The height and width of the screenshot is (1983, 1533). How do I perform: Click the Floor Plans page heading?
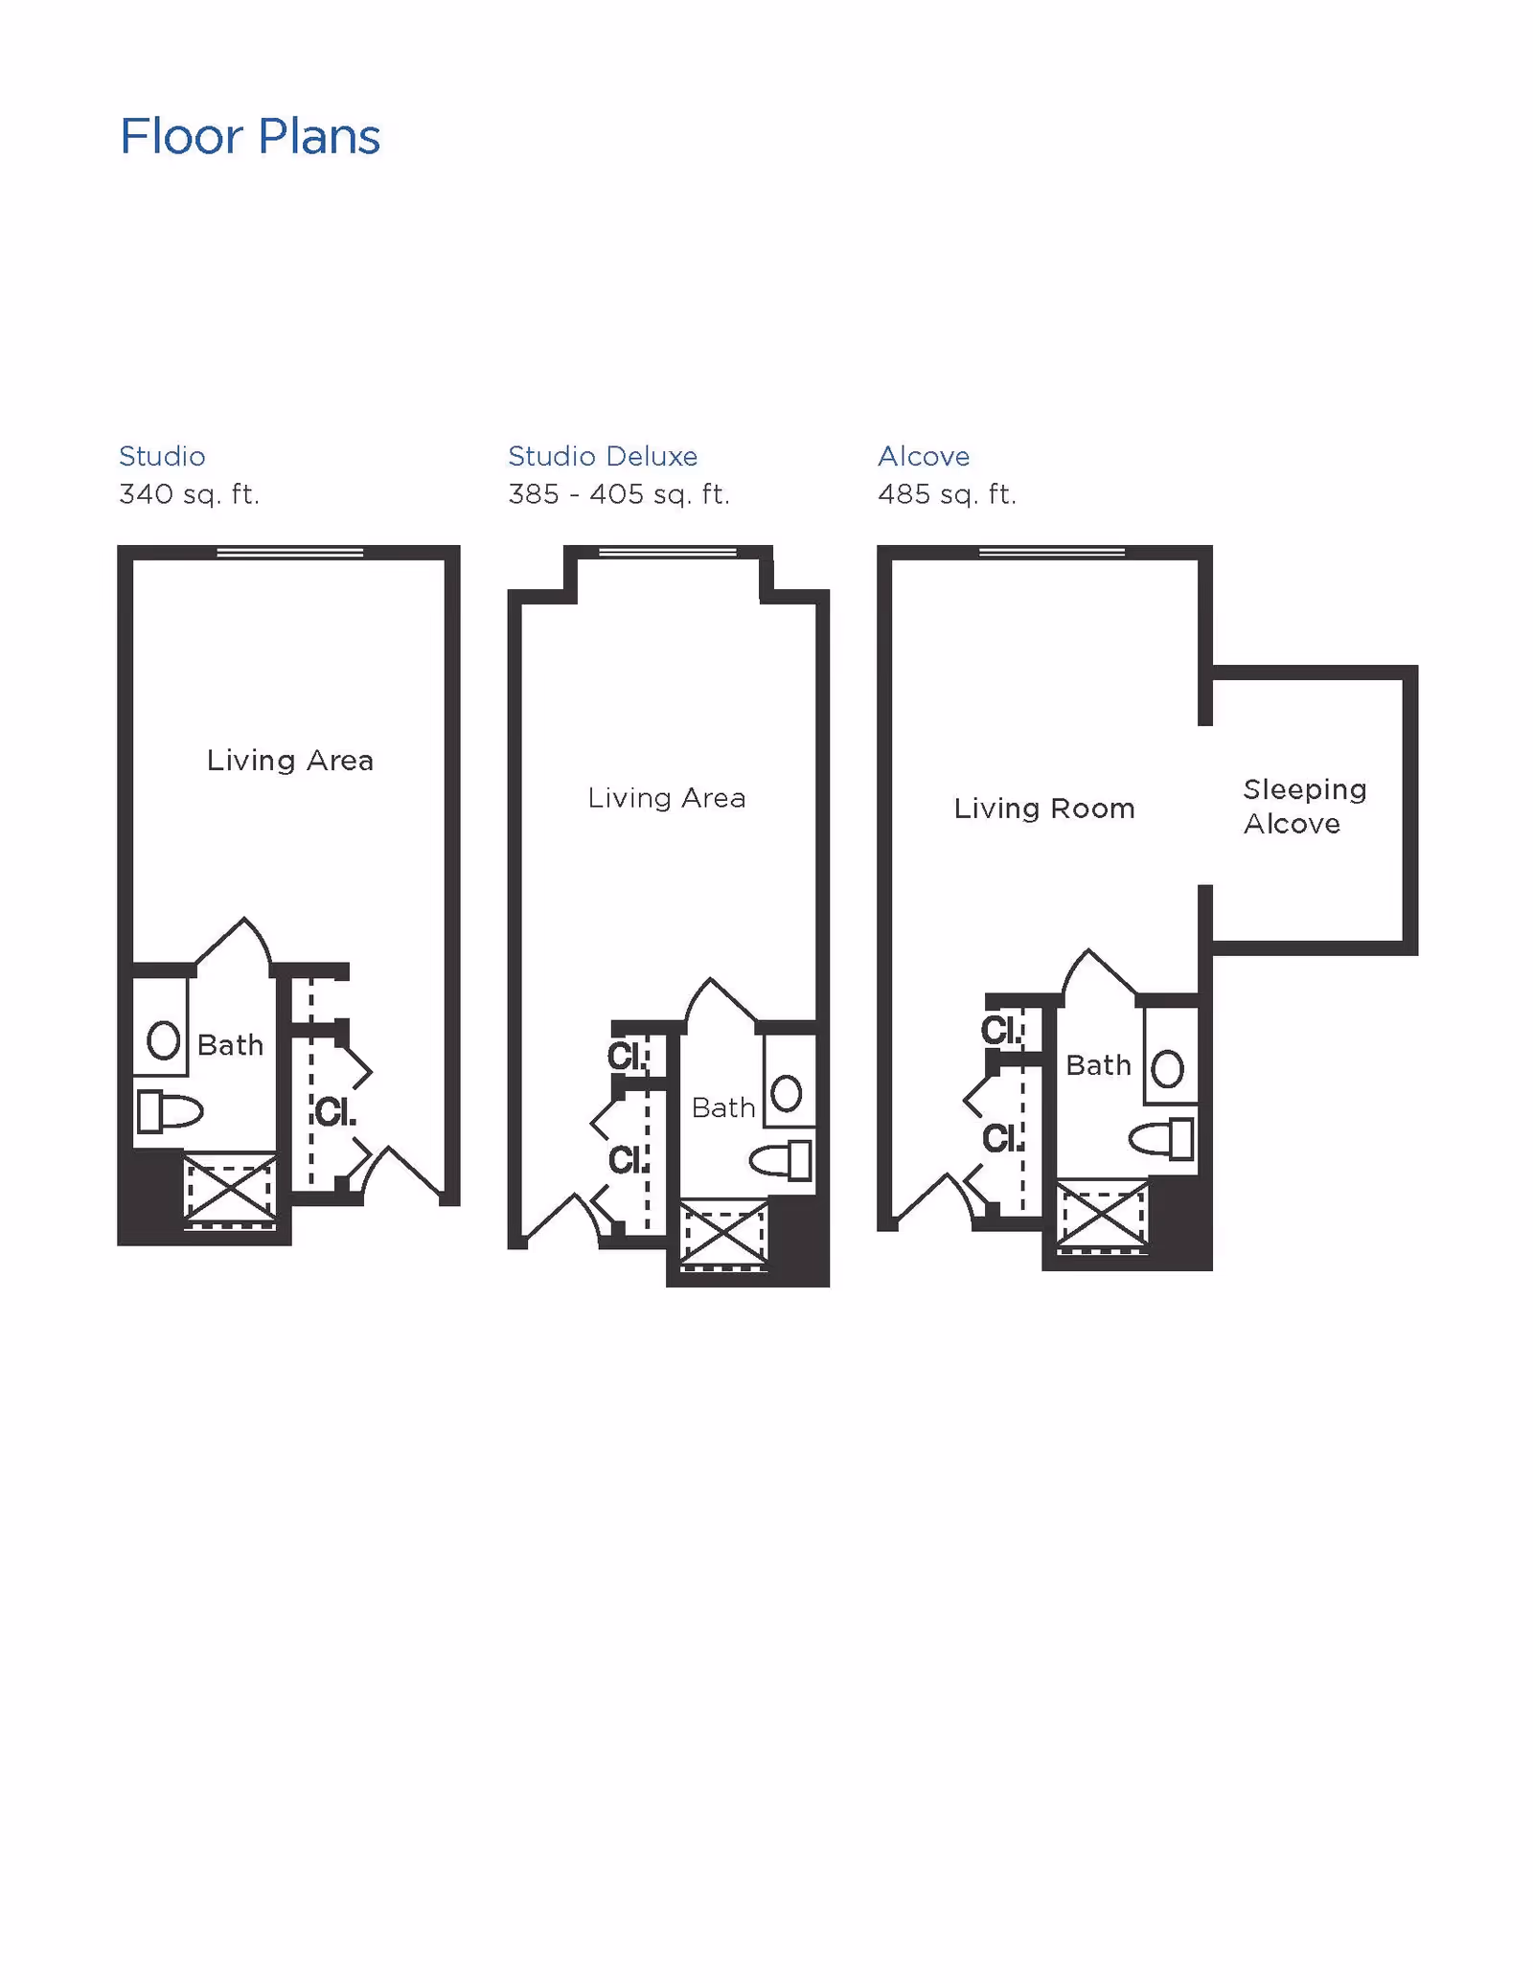(249, 136)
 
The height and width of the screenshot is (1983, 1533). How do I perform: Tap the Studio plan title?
(162, 456)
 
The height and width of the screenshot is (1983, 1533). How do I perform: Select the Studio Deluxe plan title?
(603, 456)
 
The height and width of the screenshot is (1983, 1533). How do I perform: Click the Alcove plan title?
(924, 456)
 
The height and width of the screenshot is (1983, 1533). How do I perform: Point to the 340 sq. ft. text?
(189, 494)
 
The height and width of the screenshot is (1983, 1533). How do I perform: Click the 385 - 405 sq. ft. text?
(618, 494)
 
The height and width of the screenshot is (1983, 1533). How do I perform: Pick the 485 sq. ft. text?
(947, 494)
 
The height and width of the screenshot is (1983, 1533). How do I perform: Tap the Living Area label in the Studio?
(290, 761)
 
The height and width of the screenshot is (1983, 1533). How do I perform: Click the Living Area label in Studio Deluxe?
(667, 798)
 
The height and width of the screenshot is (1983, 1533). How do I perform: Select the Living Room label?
(1044, 809)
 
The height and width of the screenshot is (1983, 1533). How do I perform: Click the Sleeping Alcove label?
(1304, 807)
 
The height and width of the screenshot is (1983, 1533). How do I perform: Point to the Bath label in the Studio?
(230, 1045)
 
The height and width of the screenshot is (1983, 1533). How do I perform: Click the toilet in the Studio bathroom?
(171, 1111)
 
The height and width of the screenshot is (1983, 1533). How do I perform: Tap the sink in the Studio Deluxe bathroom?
(787, 1093)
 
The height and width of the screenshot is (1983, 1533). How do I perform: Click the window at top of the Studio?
(290, 552)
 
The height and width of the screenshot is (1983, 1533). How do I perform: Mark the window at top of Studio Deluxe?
(668, 552)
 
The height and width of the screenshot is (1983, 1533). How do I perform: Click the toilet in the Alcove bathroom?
(1161, 1140)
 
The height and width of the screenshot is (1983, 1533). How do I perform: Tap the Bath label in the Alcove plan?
(1098, 1065)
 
